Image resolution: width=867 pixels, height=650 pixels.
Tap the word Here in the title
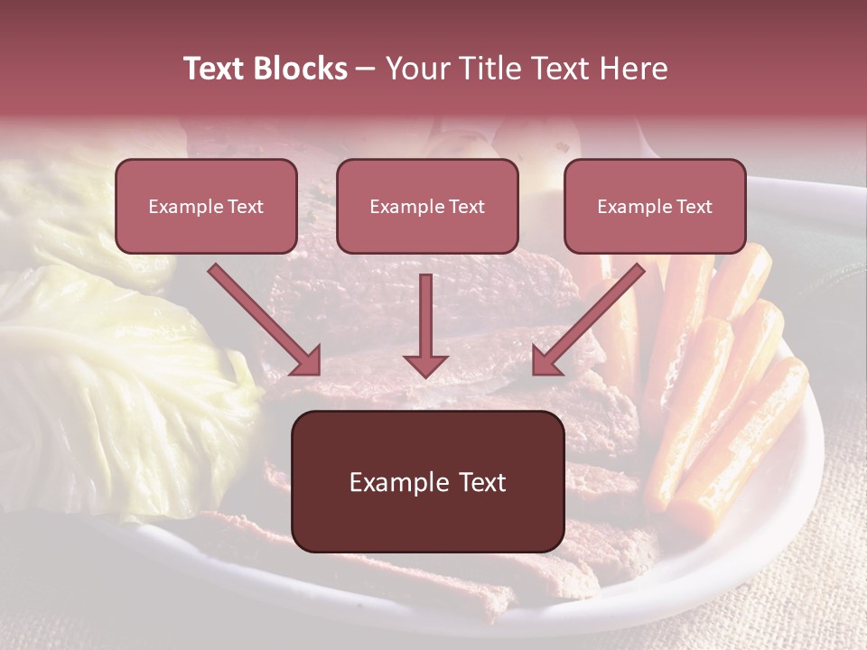coord(631,69)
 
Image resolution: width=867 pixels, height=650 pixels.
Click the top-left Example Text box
coord(206,206)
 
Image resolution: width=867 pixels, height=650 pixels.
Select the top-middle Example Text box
coord(427,206)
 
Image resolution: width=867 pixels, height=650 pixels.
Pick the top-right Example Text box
coord(655,206)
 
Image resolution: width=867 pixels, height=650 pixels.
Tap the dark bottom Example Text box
coord(427,481)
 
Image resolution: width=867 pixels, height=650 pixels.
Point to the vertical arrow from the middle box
coord(426,316)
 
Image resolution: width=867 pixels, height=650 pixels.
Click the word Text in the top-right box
coord(694,207)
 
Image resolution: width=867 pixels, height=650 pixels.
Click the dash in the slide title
coord(366,69)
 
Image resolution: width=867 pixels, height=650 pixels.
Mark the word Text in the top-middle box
coord(466,207)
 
